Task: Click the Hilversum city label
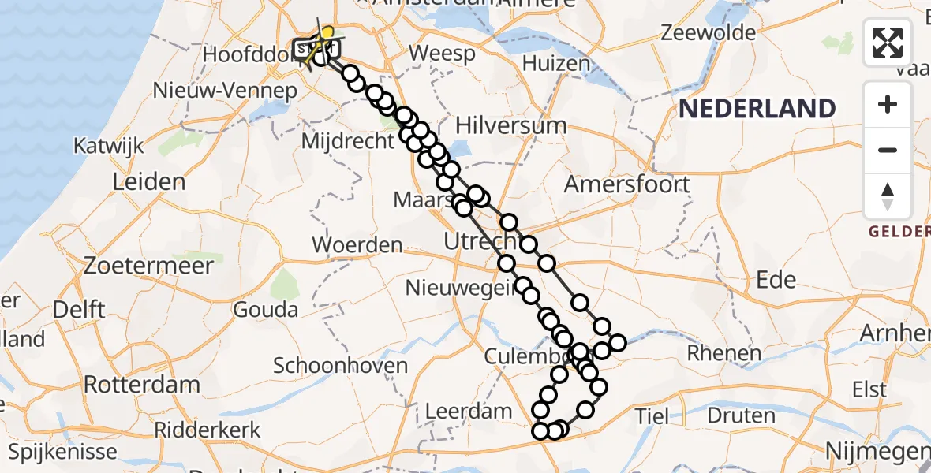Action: (511, 125)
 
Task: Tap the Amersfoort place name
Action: (627, 184)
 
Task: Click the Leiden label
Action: (149, 182)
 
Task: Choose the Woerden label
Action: (357, 245)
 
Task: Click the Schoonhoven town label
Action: (340, 366)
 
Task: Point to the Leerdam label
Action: (469, 411)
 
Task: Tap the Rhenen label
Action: (723, 353)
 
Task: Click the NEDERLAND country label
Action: (757, 108)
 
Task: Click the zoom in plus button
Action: (888, 104)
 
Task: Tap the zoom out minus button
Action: (888, 150)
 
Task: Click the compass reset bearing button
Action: (888, 196)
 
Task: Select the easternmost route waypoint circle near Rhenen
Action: (617, 343)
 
